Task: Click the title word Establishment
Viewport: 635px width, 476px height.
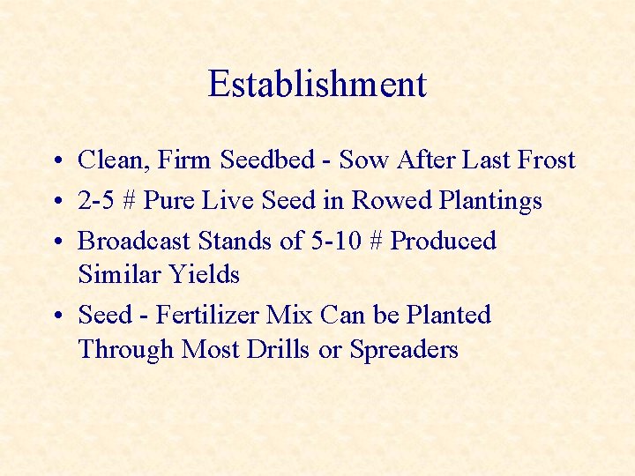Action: click(317, 85)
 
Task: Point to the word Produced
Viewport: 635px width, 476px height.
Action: click(444, 241)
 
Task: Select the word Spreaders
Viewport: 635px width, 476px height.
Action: click(404, 350)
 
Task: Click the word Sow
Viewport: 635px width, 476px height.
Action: click(364, 160)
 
